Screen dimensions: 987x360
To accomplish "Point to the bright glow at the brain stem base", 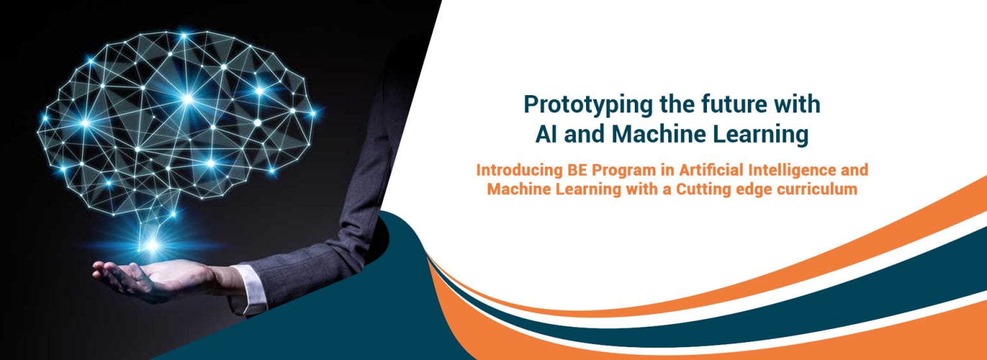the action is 152,244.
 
